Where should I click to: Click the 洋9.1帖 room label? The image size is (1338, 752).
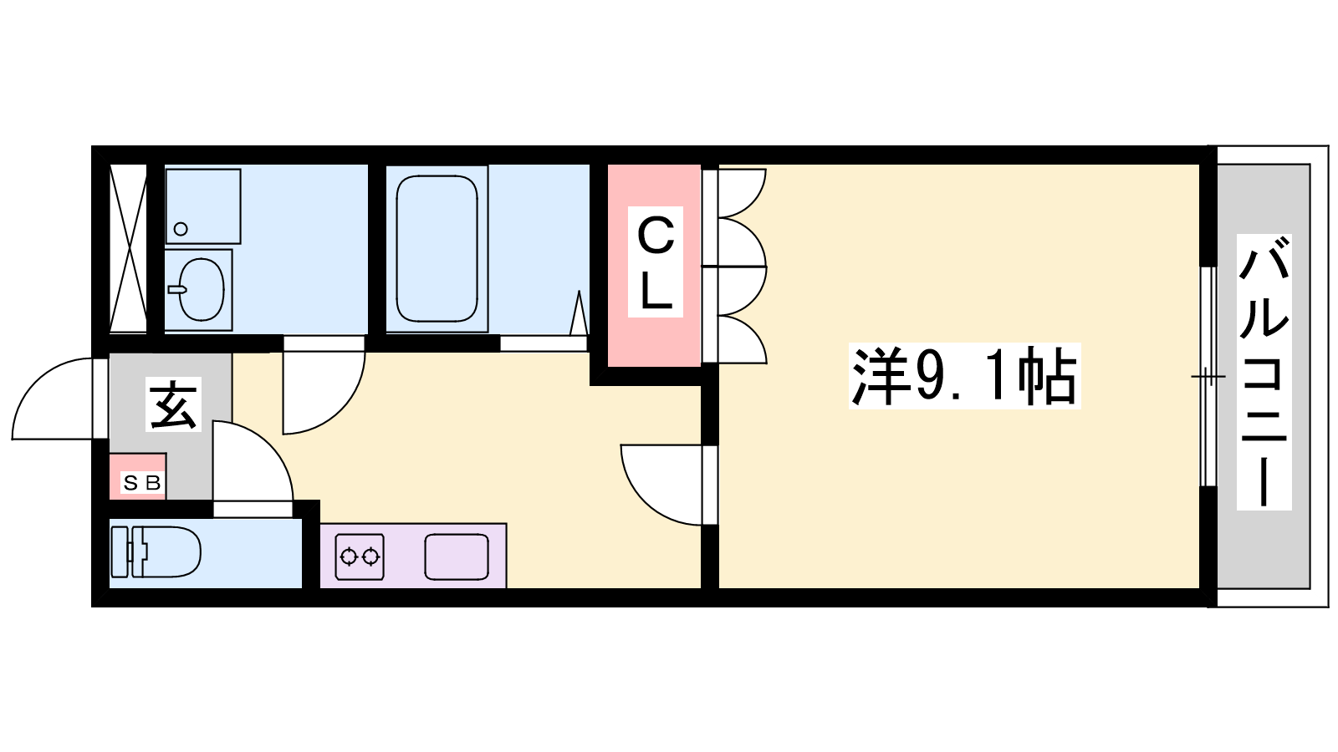[964, 376]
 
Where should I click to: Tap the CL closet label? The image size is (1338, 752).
[656, 262]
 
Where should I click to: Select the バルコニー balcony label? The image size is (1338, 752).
[1264, 372]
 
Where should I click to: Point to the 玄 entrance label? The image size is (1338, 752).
[173, 404]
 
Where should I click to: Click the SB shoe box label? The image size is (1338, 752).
[142, 482]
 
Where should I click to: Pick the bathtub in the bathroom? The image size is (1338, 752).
[437, 249]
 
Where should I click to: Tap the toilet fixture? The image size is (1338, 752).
[156, 552]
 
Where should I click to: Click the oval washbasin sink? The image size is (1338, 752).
[202, 290]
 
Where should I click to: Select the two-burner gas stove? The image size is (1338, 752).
[359, 556]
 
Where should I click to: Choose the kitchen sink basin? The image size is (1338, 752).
[457, 556]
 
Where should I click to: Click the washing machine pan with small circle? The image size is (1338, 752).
[203, 206]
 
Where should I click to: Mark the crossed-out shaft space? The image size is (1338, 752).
[128, 248]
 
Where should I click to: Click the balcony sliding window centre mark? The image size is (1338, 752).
[1208, 377]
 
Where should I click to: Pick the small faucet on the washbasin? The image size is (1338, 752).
[177, 289]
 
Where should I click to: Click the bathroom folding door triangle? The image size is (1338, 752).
[578, 313]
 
